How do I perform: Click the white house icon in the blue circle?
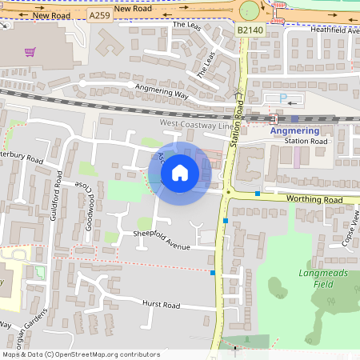[x=180, y=172]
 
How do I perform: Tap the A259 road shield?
[x=98, y=16]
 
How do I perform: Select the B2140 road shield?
[x=249, y=30]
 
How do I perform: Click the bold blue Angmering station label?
[x=294, y=130]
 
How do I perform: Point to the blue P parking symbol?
[x=282, y=98]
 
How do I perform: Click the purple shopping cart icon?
[x=30, y=52]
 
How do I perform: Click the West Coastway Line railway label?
[x=195, y=125]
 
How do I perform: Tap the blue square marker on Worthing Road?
[x=258, y=194]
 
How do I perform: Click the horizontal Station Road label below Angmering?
[x=306, y=142]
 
